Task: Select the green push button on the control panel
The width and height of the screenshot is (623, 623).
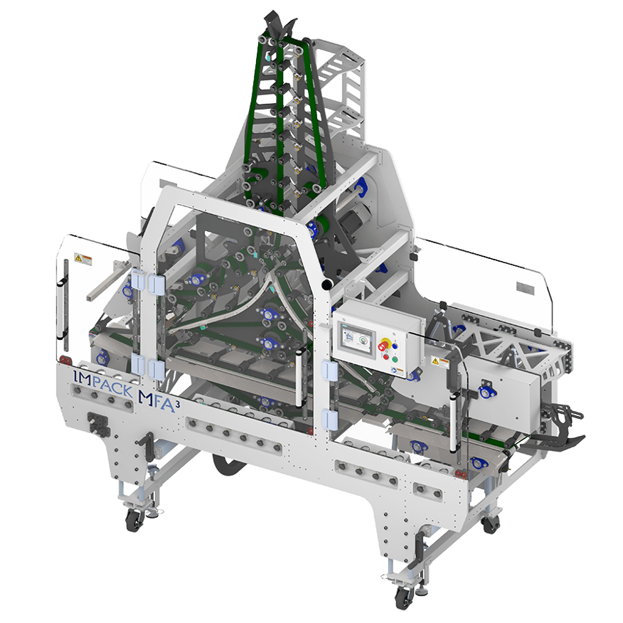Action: [x=388, y=356]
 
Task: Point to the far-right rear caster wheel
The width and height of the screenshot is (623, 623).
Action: [x=490, y=525]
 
